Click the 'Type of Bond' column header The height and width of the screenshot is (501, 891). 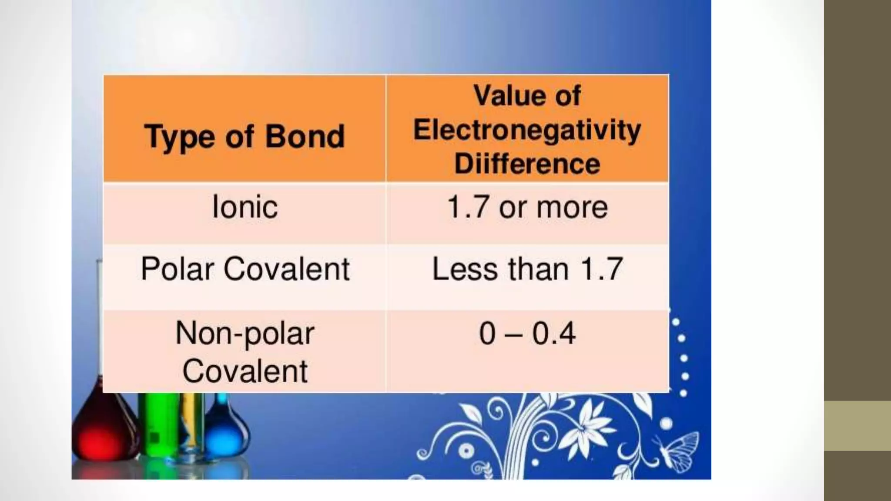click(x=245, y=137)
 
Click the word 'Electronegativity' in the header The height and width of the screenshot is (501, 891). click(x=527, y=130)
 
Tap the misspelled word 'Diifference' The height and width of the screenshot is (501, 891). click(x=527, y=164)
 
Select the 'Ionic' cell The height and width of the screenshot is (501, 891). click(x=245, y=207)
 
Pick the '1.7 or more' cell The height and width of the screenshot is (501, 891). click(x=527, y=207)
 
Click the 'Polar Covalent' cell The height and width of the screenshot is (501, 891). click(x=245, y=269)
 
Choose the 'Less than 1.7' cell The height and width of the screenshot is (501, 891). click(x=527, y=269)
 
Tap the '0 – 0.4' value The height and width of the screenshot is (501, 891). click(x=527, y=334)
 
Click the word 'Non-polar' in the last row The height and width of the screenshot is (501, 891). click(x=245, y=334)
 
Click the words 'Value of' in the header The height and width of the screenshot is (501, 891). click(x=527, y=95)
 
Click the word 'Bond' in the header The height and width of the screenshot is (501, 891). click(x=305, y=137)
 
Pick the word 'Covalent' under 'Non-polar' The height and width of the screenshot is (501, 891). click(x=245, y=371)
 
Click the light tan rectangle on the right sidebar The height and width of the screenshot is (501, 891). click(x=857, y=425)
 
